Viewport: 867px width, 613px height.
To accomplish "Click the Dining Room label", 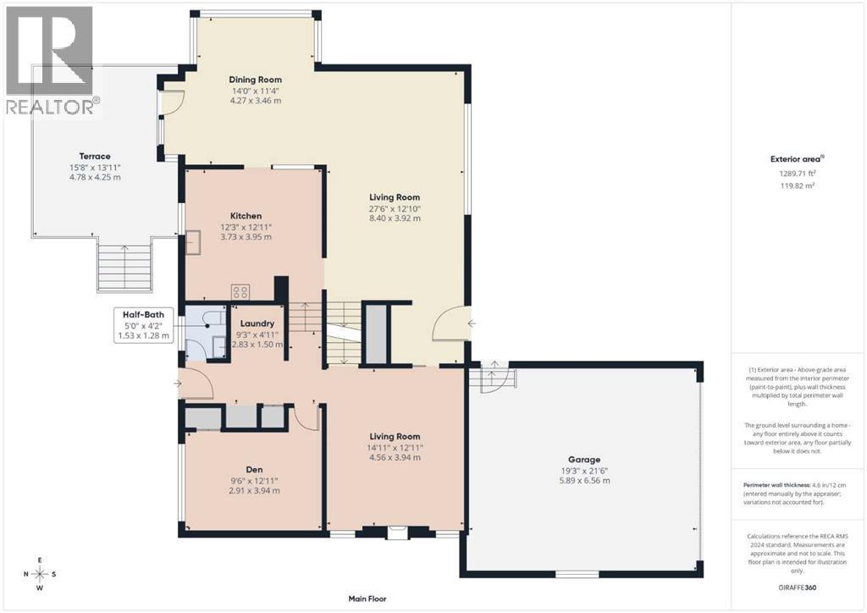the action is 255,80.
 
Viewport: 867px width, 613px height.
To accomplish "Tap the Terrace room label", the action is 95,157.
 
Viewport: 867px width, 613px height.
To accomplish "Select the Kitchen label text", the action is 246,216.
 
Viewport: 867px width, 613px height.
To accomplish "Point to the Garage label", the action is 584,460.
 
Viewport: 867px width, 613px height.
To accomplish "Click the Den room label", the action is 254,469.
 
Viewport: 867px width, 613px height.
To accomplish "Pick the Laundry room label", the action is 257,323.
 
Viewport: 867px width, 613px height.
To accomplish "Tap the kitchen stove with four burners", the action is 240,292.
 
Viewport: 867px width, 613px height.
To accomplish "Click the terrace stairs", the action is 124,267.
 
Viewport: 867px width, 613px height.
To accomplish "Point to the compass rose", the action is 40,574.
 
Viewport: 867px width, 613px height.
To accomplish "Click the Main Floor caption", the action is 367,598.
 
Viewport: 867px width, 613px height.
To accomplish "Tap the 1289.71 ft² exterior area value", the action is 797,174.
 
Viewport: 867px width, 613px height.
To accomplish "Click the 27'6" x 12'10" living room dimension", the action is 395,208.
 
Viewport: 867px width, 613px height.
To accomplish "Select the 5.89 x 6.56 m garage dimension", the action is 584,480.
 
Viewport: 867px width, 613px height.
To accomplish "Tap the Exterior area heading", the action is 797,159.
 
